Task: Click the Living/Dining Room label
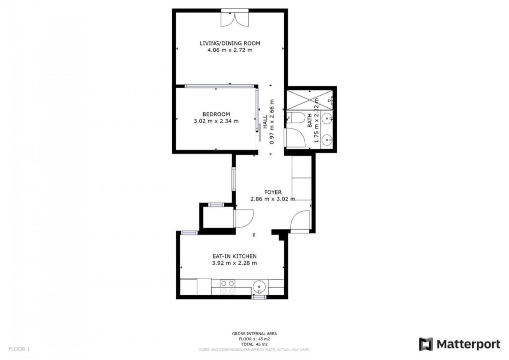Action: (x=230, y=43)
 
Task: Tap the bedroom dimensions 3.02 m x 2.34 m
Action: (x=216, y=121)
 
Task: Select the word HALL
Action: (x=265, y=121)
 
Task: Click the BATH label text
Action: (x=309, y=121)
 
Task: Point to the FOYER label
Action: (x=273, y=192)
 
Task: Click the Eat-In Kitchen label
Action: (x=235, y=256)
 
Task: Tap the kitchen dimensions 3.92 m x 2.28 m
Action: (x=235, y=263)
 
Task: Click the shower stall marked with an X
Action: (x=310, y=100)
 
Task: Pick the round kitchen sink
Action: (x=259, y=287)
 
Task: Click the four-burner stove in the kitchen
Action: (x=228, y=287)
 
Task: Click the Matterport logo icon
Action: (x=426, y=344)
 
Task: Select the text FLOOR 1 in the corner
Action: (x=19, y=349)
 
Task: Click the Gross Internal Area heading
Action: (x=254, y=334)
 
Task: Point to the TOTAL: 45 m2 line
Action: (x=254, y=344)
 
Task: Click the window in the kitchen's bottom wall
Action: (x=259, y=297)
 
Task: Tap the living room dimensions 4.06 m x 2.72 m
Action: (x=230, y=50)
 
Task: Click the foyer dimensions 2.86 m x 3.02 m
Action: (x=273, y=199)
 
